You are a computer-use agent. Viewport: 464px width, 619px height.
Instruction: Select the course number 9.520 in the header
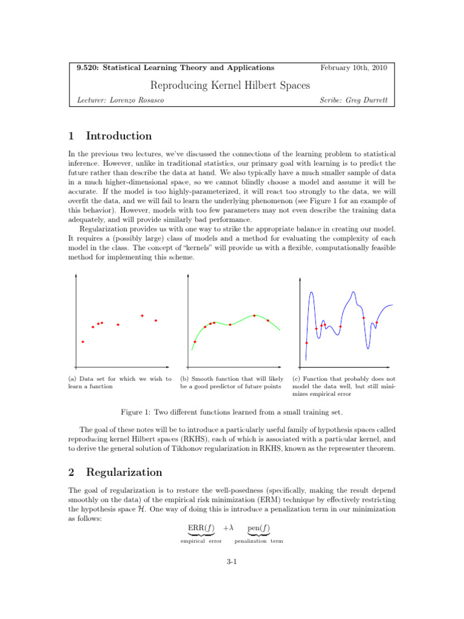[88, 68]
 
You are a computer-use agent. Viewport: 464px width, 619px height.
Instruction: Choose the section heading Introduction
[118, 136]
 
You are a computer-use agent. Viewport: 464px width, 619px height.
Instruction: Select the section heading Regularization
[124, 472]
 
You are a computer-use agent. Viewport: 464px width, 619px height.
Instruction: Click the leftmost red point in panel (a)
[83, 342]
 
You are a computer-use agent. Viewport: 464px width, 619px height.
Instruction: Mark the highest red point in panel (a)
[142, 316]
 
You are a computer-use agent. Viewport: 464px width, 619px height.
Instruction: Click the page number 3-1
[231, 562]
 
